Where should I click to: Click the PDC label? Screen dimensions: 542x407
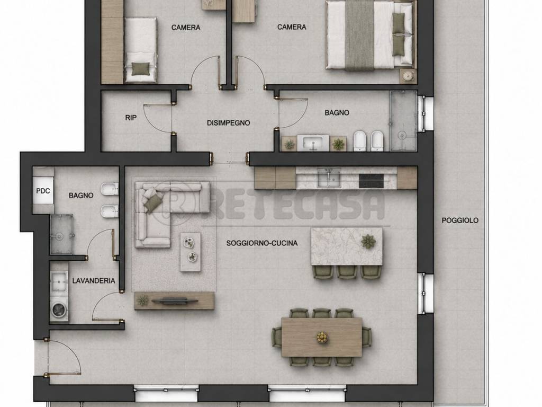(43, 191)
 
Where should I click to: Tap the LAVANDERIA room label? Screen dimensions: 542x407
(94, 281)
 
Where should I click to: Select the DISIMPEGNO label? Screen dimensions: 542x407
(228, 123)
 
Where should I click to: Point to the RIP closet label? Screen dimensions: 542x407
(131, 118)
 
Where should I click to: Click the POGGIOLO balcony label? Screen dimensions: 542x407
(460, 220)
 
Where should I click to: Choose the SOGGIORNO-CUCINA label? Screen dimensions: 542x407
(261, 243)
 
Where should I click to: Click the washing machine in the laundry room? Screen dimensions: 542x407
(59, 309)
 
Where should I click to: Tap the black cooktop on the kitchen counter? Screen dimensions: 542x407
(371, 181)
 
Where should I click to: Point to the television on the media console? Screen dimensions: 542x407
(175, 300)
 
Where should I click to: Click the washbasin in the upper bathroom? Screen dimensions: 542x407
(313, 143)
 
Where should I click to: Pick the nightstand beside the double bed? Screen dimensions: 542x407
(408, 76)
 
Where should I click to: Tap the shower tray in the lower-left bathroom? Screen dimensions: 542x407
(61, 234)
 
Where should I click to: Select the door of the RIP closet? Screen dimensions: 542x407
(157, 117)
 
